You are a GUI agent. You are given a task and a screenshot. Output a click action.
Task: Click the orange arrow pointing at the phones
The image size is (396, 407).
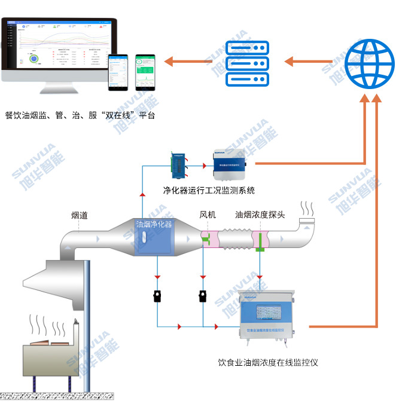[x=185, y=61]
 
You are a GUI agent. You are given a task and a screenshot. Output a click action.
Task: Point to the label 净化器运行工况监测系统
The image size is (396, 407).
[x=209, y=190]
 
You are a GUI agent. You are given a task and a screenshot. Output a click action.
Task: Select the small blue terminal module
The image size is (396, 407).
[x=178, y=165]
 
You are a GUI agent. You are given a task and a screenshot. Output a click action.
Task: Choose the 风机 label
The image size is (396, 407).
[x=208, y=215]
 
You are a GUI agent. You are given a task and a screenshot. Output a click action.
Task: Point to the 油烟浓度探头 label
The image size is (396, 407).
[x=260, y=215]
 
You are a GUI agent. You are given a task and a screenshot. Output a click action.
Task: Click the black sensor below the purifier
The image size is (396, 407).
[x=157, y=296]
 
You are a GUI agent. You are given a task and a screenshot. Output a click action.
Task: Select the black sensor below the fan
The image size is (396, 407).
[x=203, y=296]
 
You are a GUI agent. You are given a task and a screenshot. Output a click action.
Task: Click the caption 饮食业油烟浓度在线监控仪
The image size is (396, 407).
[x=267, y=363]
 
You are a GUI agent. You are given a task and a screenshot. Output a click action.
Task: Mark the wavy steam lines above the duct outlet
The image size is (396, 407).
[x=307, y=209]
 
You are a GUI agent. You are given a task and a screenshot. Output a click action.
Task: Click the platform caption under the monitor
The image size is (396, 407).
[x=80, y=115]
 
